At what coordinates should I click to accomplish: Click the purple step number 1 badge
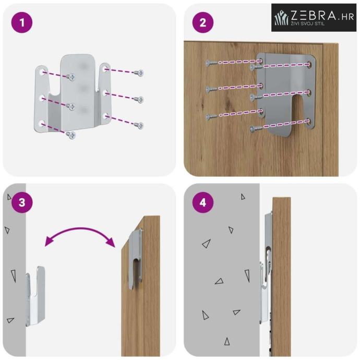[22, 22]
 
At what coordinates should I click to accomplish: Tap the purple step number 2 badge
[203, 22]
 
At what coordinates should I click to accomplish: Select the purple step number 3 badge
[22, 202]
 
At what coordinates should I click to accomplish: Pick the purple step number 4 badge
[203, 202]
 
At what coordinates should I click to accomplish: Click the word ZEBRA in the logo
[313, 16]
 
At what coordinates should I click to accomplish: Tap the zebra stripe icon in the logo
[282, 18]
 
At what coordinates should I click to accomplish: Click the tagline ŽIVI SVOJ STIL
[308, 23]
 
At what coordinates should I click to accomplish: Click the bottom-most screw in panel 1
[71, 135]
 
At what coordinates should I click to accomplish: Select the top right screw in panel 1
[139, 73]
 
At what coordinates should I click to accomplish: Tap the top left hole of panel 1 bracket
[42, 72]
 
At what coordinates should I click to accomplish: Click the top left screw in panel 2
[211, 63]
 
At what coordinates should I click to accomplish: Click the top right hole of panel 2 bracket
[308, 64]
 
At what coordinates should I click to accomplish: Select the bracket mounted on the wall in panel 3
[35, 296]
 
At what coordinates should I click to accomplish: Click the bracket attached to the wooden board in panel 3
[135, 259]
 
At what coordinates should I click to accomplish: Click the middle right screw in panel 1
[139, 100]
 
